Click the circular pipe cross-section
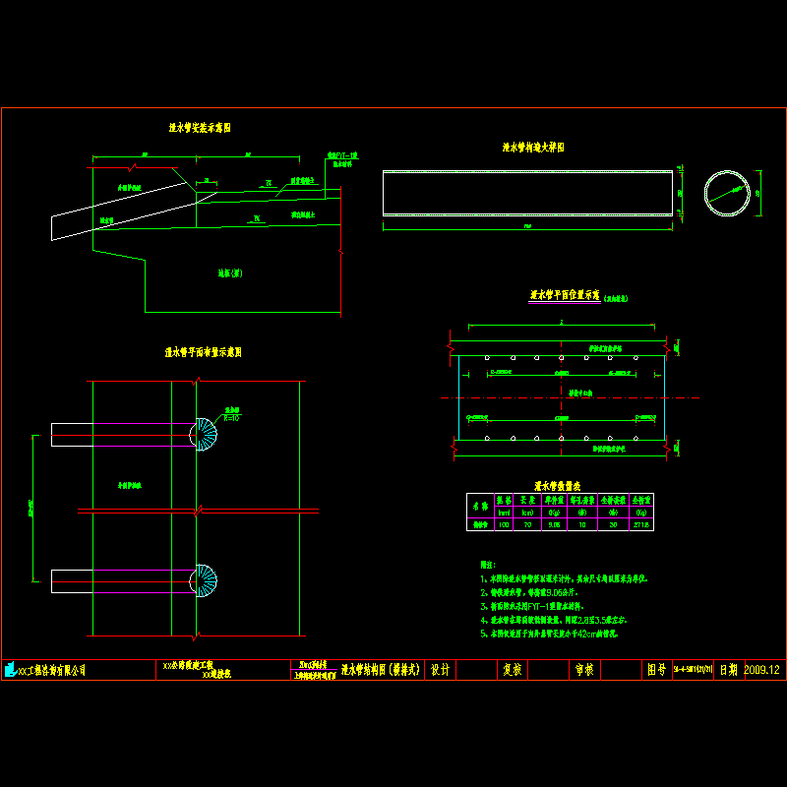[x=728, y=192]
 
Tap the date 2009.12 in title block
[x=761, y=670]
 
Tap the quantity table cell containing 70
[x=528, y=525]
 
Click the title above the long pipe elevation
[x=532, y=147]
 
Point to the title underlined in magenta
[x=565, y=294]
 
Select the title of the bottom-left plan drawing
[x=204, y=351]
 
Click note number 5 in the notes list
[x=566, y=635]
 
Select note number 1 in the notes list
[x=566, y=580]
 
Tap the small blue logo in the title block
[x=10, y=670]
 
